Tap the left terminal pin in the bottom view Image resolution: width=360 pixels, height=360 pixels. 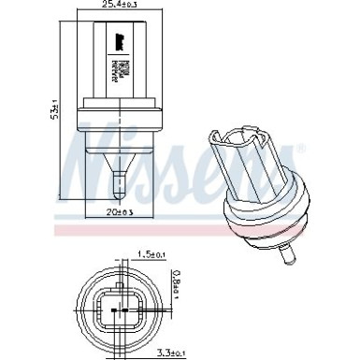click(x=107, y=310)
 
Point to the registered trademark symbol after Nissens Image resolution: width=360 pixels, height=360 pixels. click(x=300, y=150)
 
